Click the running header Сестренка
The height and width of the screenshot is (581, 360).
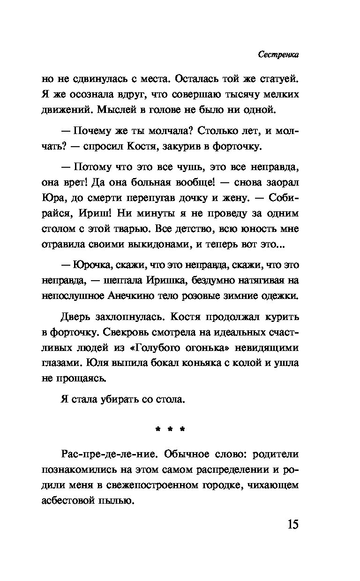tap(278, 55)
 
